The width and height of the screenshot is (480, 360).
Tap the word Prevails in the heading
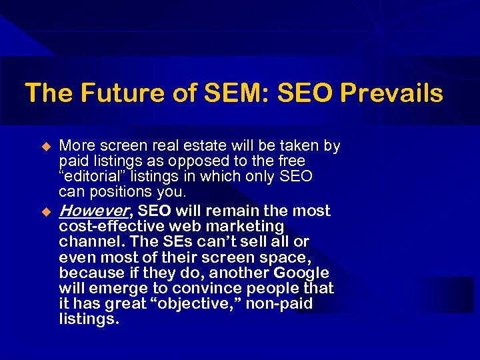(391, 93)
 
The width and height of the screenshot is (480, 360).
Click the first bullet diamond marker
(47, 146)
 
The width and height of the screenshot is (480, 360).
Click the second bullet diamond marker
(47, 211)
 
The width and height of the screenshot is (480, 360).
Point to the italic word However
(93, 211)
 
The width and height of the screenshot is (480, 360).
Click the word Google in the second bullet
(298, 273)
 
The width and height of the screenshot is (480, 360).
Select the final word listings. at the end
(89, 319)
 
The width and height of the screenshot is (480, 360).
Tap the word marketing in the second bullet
(246, 227)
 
